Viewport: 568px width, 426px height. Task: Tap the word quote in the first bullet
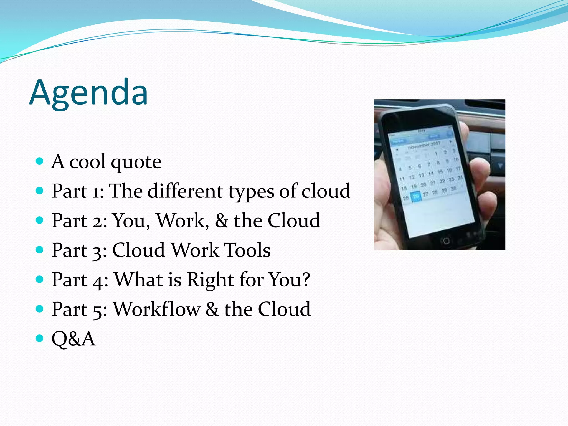coord(136,162)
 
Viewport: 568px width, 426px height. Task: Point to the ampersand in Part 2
coord(222,221)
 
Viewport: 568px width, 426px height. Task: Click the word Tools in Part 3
coord(247,250)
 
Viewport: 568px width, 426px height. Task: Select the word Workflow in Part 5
coord(157,309)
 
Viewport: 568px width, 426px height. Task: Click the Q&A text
coord(73,339)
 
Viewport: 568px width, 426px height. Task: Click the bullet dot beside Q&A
coord(40,338)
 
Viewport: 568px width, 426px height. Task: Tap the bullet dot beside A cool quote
coord(40,161)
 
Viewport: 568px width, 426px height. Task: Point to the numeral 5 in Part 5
coord(97,311)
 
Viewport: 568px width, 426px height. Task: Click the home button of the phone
coord(446,240)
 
